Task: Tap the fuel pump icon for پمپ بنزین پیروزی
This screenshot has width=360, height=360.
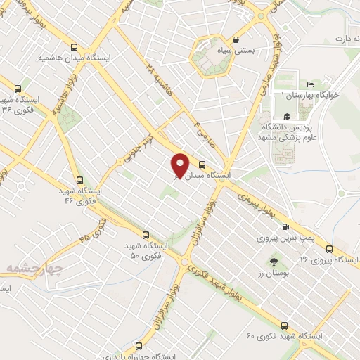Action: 285,226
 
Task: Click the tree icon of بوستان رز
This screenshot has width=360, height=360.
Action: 274,262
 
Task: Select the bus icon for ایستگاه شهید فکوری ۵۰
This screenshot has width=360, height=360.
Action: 146,235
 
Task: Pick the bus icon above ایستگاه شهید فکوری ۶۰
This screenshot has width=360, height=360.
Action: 284,326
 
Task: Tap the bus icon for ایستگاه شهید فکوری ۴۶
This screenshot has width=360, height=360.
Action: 79,180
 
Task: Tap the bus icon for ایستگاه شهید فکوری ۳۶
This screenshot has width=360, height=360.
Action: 18,89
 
